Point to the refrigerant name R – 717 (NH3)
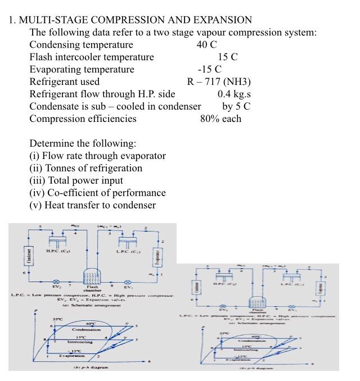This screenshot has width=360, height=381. point(219,82)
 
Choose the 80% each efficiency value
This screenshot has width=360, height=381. point(220,119)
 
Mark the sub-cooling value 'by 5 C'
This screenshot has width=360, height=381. point(236,106)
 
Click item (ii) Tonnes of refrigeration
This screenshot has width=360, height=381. point(85,168)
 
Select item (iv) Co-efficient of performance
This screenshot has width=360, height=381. point(97,193)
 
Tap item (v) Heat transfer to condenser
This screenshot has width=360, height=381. point(92,205)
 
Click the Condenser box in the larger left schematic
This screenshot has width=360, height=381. point(24,255)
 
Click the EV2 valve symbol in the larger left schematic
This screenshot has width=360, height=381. point(55,280)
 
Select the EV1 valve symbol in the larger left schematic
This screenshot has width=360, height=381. point(128,280)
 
